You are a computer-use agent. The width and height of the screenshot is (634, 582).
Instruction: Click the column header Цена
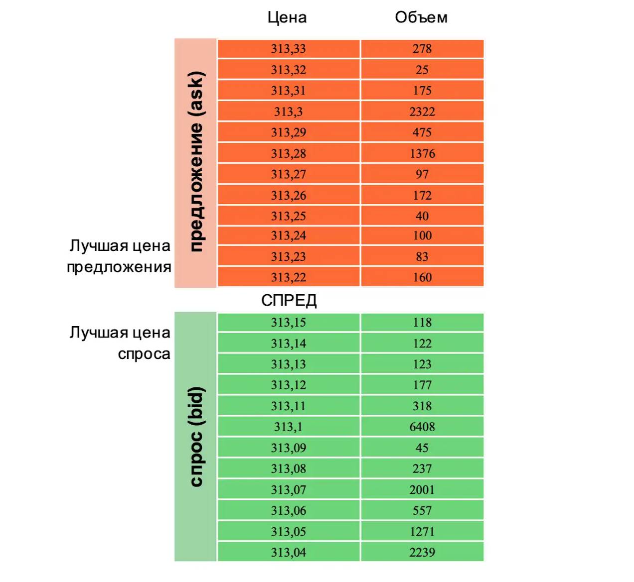pyautogui.click(x=287, y=18)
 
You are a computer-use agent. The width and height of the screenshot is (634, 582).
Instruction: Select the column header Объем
pyautogui.click(x=421, y=18)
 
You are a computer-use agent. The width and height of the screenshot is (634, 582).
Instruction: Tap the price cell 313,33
pyautogui.click(x=288, y=49)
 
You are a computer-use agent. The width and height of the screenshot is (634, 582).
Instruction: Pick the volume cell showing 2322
pyautogui.click(x=422, y=112)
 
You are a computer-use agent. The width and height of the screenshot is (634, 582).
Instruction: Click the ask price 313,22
pyautogui.click(x=288, y=277)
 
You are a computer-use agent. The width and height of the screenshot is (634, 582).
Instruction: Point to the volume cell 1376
pyautogui.click(x=422, y=153)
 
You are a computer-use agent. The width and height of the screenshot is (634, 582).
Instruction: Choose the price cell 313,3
pyautogui.click(x=288, y=112)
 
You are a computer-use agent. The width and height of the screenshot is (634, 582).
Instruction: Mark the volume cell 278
pyautogui.click(x=422, y=49)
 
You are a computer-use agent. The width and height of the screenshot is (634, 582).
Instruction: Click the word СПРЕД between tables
pyautogui.click(x=289, y=300)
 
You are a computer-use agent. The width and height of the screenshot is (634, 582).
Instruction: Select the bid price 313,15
pyautogui.click(x=288, y=323)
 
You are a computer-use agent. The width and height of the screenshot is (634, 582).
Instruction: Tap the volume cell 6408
pyautogui.click(x=422, y=427)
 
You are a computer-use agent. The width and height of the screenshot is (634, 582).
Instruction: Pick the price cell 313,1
pyautogui.click(x=288, y=427)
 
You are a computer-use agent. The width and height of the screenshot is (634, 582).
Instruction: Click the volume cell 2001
pyautogui.click(x=422, y=489)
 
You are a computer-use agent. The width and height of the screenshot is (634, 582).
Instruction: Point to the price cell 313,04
pyautogui.click(x=288, y=552)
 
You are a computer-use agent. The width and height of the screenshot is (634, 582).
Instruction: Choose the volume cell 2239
pyautogui.click(x=422, y=552)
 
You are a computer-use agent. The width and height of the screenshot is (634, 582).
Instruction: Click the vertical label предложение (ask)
pyautogui.click(x=196, y=162)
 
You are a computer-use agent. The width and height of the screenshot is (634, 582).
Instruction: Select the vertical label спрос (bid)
pyautogui.click(x=196, y=437)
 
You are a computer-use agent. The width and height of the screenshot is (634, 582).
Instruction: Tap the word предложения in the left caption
pyautogui.click(x=119, y=267)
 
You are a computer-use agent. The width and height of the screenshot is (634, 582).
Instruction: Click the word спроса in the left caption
pyautogui.click(x=144, y=354)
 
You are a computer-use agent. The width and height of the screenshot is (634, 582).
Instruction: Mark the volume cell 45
pyautogui.click(x=422, y=448)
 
